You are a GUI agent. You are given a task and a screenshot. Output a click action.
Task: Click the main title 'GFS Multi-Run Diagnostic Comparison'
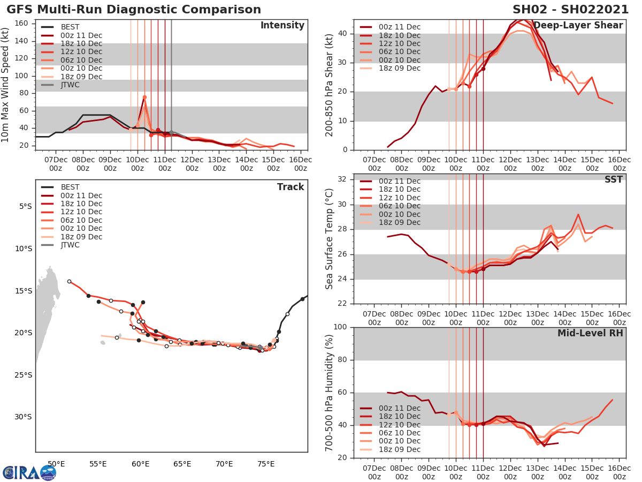134,10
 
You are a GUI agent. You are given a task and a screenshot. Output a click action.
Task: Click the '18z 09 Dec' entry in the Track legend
81,237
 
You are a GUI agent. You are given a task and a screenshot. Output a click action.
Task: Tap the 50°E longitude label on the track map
56,464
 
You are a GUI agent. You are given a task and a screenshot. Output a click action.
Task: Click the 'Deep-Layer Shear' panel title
578,26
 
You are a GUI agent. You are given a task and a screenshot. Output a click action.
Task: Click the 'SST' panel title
613,179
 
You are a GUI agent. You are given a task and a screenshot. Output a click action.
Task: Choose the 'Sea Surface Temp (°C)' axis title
330,239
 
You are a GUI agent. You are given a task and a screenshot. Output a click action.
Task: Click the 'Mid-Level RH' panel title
590,333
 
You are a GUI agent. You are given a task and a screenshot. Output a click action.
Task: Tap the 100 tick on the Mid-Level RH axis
340,327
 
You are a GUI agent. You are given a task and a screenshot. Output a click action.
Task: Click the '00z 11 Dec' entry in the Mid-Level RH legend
399,408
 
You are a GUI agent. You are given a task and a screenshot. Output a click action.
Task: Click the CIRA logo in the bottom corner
29,472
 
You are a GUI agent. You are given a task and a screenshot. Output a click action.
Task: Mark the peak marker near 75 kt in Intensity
144,97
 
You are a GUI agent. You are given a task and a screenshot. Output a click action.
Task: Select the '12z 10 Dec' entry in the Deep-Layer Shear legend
399,43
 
